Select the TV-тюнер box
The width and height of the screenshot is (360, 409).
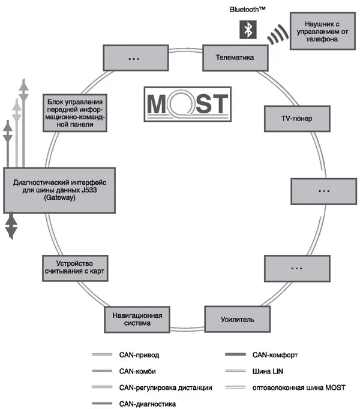pyautogui.click(x=297, y=119)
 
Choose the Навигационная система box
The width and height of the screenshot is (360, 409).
pyautogui.click(x=137, y=320)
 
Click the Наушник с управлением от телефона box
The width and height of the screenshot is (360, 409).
pyautogui.click(x=322, y=31)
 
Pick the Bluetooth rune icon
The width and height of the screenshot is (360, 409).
pyautogui.click(x=247, y=29)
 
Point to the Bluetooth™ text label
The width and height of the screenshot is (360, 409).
pyautogui.click(x=248, y=10)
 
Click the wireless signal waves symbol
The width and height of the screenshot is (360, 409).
pyautogui.click(x=277, y=35)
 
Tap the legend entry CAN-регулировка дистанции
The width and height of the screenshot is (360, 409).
pyautogui.click(x=166, y=388)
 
